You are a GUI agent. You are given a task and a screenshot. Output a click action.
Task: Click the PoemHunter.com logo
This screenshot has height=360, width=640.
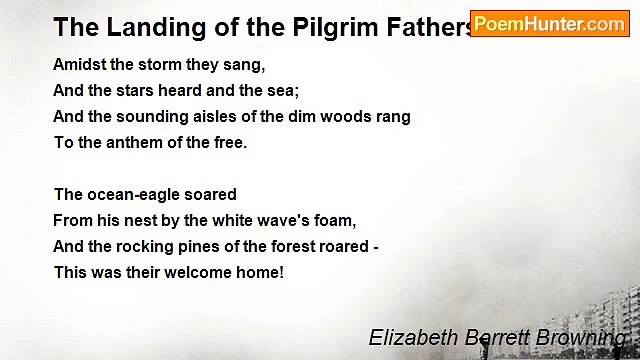[x=549, y=23]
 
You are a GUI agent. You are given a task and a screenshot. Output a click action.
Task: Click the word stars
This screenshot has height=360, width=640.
[x=137, y=90]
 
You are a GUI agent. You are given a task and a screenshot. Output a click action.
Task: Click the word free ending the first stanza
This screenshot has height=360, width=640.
[x=231, y=142]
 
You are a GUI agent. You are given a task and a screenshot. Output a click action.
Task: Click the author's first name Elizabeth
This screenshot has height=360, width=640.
[x=411, y=338]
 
